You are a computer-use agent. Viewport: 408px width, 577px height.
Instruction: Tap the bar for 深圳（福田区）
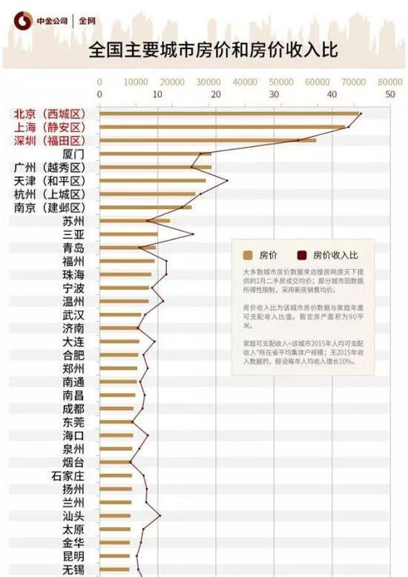pyautogui.click(x=208, y=140)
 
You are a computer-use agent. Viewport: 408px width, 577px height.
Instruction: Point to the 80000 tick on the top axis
pyautogui.click(x=389, y=82)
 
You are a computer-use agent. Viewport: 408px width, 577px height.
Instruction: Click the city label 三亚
pyautogui.click(x=73, y=234)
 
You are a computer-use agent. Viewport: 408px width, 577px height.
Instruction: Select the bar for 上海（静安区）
pyautogui.click(x=223, y=128)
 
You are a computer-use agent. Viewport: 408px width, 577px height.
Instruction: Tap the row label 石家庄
pyautogui.click(x=68, y=475)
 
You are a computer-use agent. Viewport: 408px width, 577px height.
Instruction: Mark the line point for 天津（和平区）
pyautogui.click(x=227, y=180)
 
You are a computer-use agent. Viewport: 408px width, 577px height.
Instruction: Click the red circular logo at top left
pyautogui.click(x=24, y=22)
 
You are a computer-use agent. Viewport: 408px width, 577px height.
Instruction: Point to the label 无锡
pyautogui.click(x=73, y=570)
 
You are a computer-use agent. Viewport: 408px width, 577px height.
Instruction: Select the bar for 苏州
pyautogui.click(x=134, y=220)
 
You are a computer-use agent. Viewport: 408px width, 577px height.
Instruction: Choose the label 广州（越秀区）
pyautogui.click(x=50, y=168)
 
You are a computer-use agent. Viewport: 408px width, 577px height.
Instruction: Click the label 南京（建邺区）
pyautogui.click(x=50, y=208)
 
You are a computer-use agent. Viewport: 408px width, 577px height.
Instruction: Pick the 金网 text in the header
pyautogui.click(x=88, y=22)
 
